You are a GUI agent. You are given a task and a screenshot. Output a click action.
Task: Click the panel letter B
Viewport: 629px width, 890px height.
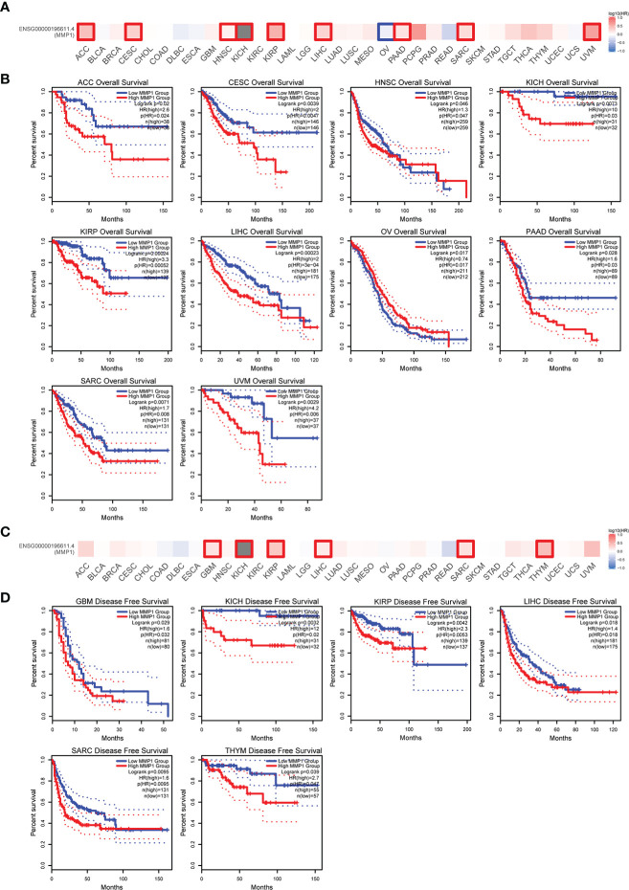tap(8, 73)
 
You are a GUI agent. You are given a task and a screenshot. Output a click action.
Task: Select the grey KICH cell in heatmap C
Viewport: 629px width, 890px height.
tap(244, 548)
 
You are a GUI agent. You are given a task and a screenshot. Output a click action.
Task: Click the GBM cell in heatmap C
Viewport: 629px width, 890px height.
tap(213, 548)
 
